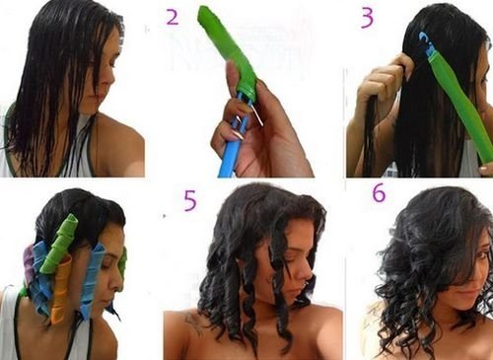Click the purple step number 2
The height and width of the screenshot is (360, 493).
[173, 18]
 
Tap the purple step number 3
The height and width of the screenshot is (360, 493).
[367, 19]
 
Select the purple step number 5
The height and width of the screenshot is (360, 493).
[190, 200]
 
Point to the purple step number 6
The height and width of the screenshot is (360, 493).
[379, 193]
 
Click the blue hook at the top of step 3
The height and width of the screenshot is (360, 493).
[426, 41]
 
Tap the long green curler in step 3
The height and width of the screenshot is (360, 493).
[460, 108]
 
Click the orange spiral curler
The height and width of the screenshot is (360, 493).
[61, 288]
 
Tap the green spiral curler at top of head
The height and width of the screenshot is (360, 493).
[59, 243]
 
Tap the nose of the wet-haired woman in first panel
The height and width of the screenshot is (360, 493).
[111, 78]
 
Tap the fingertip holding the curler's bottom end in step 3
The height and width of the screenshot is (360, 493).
[484, 170]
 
